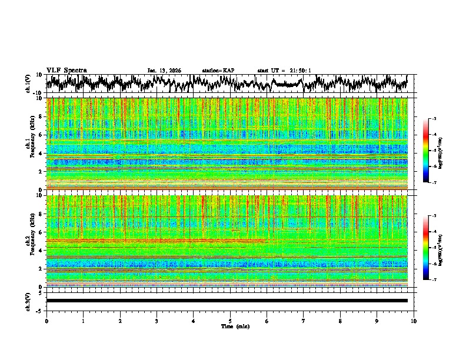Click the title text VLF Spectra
[66, 70]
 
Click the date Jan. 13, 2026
[164, 71]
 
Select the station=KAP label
[218, 71]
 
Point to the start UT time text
[284, 71]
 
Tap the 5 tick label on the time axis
[230, 321]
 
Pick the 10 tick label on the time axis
[414, 321]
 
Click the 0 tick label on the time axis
[46, 321]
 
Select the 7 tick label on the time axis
[304, 321]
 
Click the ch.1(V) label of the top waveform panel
[28, 84]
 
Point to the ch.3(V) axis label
[28, 301]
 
